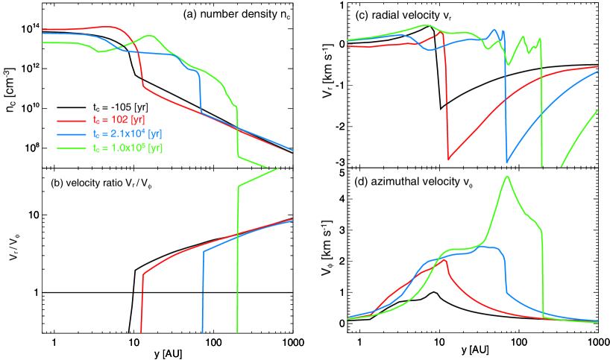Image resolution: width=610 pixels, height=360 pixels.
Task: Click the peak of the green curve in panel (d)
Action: pos(508,177)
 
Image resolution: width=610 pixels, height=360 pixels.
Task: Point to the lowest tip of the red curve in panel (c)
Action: pos(448,159)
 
